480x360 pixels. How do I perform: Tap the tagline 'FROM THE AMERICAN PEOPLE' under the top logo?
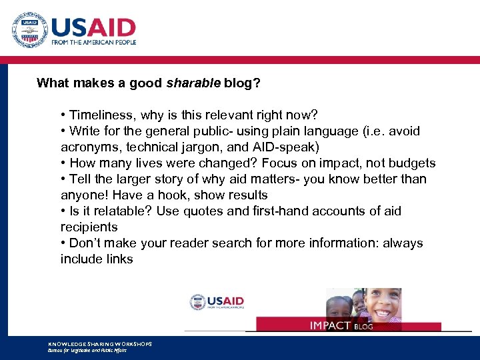tap(93, 42)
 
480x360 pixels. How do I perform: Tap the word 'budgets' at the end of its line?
tap(413, 163)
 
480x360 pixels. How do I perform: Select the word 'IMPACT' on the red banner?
tap(330, 325)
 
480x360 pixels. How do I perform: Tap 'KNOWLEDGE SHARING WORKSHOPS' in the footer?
tap(100, 343)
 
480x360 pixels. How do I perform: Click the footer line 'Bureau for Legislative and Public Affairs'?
tap(87, 350)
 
